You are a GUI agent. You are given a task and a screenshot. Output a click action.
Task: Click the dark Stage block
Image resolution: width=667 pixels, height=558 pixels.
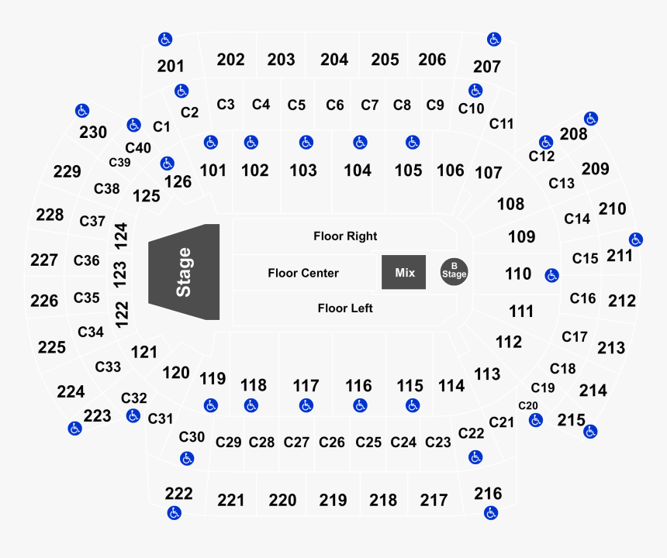point(184,272)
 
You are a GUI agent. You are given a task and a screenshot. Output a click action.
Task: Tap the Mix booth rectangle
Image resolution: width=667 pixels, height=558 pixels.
point(403,272)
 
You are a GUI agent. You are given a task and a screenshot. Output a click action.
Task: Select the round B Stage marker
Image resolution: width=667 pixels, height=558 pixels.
point(454,271)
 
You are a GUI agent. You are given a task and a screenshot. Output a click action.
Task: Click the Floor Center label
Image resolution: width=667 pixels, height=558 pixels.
point(303,273)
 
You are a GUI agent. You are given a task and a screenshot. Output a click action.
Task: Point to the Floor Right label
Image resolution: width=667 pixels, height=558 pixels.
point(345,236)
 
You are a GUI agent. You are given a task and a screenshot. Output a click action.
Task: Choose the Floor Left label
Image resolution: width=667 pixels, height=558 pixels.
point(345,308)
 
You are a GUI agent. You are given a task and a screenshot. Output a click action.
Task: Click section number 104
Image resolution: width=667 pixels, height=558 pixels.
point(358,170)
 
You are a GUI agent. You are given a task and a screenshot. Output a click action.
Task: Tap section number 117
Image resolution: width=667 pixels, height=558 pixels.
point(306,386)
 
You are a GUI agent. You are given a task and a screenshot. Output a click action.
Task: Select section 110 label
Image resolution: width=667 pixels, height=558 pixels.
point(518,274)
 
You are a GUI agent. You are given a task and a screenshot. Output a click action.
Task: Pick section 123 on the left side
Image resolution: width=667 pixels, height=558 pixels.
point(120,274)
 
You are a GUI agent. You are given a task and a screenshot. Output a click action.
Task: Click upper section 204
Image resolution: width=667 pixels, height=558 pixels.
point(334,60)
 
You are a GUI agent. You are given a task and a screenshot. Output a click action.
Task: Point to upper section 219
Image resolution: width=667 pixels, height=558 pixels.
point(333,500)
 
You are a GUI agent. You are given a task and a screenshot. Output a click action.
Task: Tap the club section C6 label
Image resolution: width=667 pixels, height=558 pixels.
point(335,105)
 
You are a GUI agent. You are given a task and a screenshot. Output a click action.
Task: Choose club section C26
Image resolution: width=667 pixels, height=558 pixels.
point(332,443)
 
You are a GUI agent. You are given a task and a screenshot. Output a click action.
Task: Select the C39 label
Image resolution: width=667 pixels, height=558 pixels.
point(119,162)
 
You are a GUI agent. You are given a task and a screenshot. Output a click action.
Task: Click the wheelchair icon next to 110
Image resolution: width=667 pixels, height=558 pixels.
point(551,275)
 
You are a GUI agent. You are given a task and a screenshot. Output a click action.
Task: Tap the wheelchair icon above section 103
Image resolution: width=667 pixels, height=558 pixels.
point(306,143)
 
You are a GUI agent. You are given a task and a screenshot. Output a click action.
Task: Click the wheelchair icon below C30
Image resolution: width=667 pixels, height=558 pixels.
point(187,459)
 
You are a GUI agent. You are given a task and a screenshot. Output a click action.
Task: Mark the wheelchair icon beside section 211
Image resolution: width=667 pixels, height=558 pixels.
point(635,239)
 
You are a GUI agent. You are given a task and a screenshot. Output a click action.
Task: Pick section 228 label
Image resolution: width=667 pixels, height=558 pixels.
point(50,215)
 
